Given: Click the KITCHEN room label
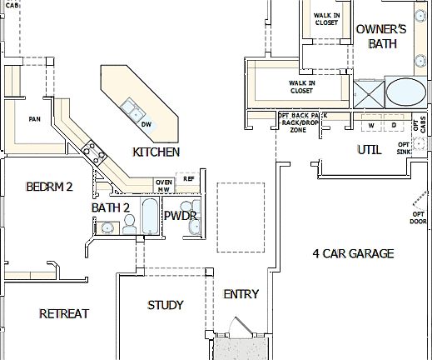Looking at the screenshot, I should (156, 152).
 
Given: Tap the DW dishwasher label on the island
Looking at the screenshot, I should (146, 124).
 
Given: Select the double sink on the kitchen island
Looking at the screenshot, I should (131, 110).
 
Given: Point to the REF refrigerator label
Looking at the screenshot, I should (189, 178).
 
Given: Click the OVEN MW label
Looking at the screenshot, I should (164, 185).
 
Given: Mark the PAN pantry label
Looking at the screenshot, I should (35, 119).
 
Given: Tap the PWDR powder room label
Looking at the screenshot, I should (179, 216).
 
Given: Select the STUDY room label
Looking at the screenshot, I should (165, 305).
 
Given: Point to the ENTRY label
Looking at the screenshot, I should (241, 294).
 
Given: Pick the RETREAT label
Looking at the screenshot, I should (64, 313).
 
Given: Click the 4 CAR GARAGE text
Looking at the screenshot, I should (353, 253).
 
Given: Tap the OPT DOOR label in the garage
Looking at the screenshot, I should (419, 217).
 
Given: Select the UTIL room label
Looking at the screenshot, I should (369, 150).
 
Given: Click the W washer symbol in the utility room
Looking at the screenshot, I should (370, 125).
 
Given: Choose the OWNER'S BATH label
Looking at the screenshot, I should (381, 35).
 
